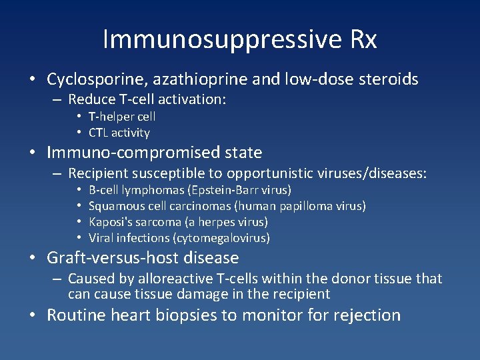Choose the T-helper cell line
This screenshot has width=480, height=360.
coord(122,117)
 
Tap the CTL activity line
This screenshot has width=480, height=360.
coord(119,133)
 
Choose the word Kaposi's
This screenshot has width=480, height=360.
coord(109,222)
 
